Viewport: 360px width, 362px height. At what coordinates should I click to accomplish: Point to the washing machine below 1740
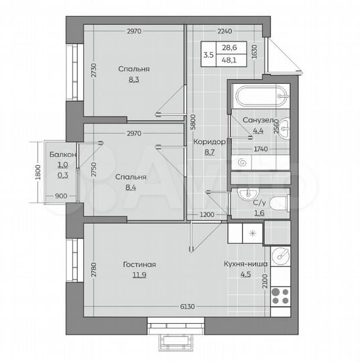pyautogui.click(x=243, y=161)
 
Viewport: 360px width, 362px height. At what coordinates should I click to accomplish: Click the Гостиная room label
pyautogui.click(x=139, y=264)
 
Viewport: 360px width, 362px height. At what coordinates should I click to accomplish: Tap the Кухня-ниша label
pyautogui.click(x=245, y=264)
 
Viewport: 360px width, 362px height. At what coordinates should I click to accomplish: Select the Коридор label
pyautogui.click(x=208, y=142)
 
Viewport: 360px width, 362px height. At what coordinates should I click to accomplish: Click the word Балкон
pyautogui.click(x=63, y=155)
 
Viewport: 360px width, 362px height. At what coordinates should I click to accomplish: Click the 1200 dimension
pyautogui.click(x=208, y=215)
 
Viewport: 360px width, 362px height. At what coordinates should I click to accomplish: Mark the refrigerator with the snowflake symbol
pyautogui.click(x=252, y=233)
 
